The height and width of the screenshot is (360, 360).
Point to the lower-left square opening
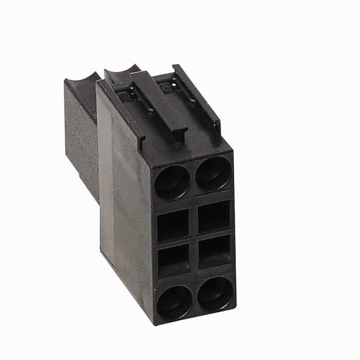coord(173,259)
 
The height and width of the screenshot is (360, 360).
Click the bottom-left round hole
coord(174,302)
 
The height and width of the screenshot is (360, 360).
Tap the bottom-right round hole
coord(215,293)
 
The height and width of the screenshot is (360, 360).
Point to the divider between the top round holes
coord(193,178)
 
